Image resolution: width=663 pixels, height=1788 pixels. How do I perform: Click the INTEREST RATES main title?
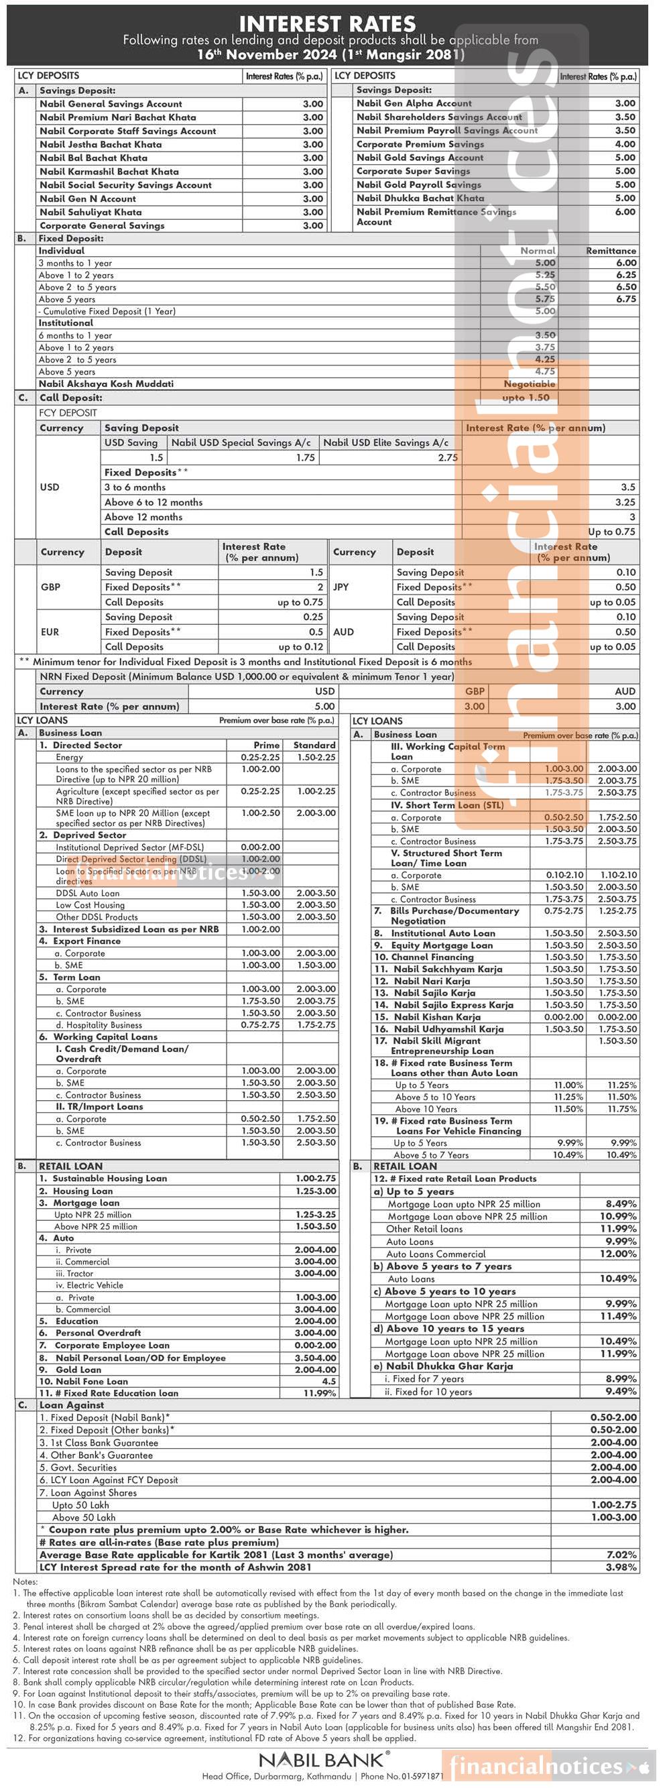pos(327,23)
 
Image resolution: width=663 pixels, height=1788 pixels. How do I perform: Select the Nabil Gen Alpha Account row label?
pos(414,103)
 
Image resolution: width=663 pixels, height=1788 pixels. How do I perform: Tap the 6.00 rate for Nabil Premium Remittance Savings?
pos(625,212)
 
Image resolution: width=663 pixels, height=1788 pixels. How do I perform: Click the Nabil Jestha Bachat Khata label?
pos(101,144)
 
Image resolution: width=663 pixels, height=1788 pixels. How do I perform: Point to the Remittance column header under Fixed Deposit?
pos(611,251)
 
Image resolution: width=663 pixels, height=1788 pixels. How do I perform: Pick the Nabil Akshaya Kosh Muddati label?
pos(106,384)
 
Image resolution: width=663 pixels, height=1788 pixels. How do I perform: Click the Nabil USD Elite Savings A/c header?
pos(386,443)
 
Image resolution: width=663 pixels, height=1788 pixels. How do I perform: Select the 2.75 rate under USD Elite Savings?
pos(448,458)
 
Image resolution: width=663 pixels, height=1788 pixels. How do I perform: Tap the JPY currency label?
pos(341,587)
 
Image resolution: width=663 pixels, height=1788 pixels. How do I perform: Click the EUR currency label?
pos(50,632)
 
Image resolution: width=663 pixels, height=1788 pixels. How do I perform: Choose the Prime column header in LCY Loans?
pos(267,745)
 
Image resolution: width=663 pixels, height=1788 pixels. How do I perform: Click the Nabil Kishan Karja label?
pos(437,1017)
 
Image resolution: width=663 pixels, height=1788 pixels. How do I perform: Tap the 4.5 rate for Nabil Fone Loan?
pos(329,1381)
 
